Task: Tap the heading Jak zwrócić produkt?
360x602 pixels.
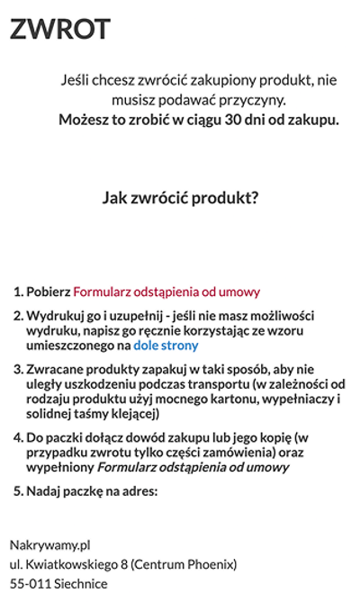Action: coord(180,198)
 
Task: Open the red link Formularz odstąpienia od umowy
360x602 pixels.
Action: coord(166,292)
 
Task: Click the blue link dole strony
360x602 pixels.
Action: coord(166,345)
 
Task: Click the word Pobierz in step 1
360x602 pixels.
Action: coord(49,292)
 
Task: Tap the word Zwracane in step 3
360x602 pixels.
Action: coord(56,369)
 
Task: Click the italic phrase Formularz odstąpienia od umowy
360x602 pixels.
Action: coord(193,467)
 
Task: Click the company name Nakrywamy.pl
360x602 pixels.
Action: coord(49,544)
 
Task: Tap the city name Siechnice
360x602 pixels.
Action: coord(81,583)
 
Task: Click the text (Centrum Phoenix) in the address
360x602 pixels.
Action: coord(184,564)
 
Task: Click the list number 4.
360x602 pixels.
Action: coord(18,438)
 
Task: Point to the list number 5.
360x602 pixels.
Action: coord(18,491)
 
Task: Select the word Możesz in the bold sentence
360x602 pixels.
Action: coord(85,119)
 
